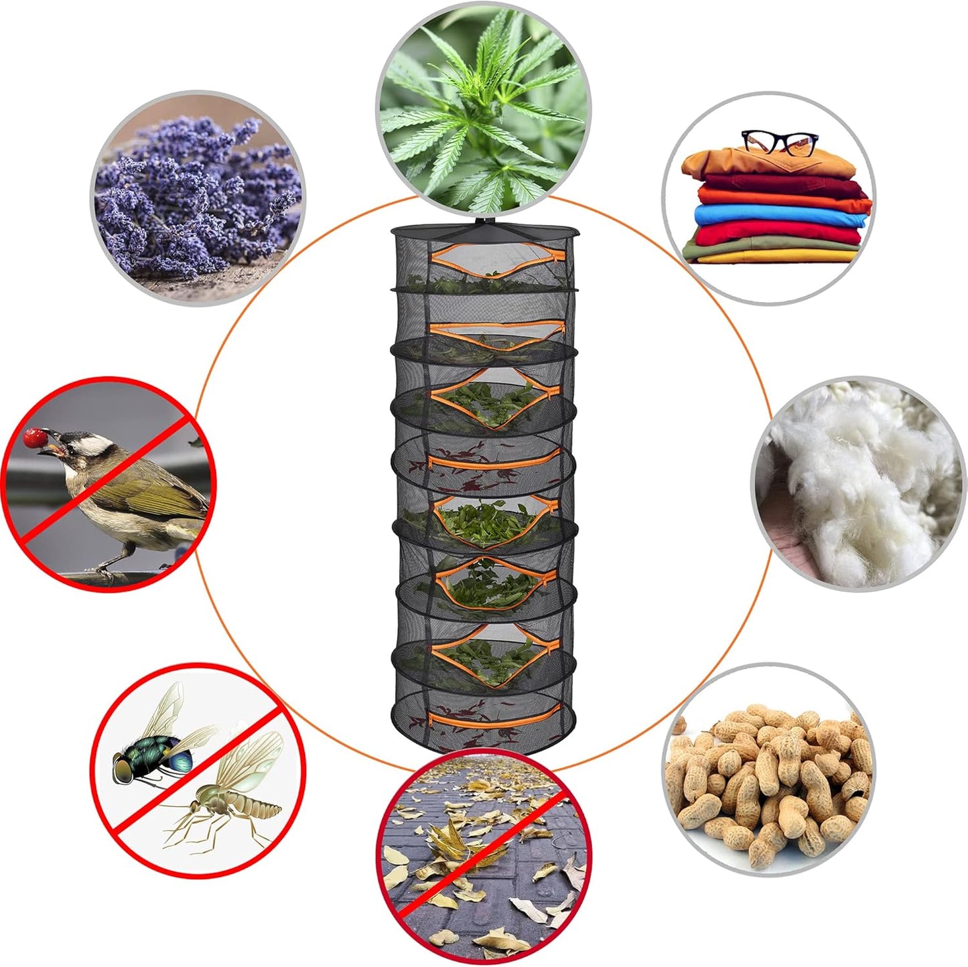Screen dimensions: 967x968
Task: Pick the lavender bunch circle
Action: (198, 198)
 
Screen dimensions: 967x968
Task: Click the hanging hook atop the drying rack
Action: (484, 219)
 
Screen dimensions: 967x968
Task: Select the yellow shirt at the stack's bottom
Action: (777, 256)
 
